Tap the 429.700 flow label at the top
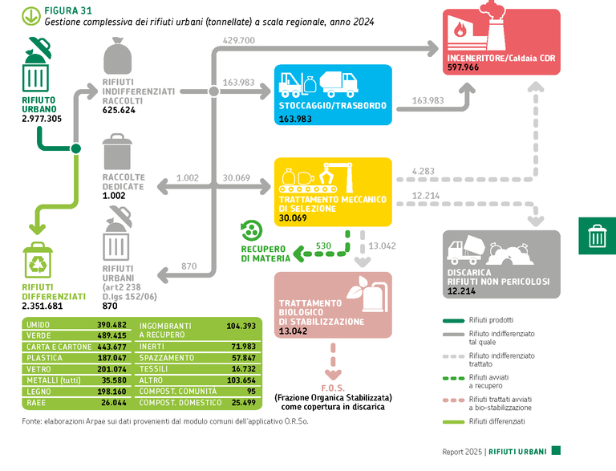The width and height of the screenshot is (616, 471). tap(238, 40)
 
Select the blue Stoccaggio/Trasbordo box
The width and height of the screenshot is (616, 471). tap(333, 95)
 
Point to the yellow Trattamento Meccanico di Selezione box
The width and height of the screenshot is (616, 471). tap(333, 191)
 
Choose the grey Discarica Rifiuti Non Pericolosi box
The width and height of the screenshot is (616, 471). tap(502, 265)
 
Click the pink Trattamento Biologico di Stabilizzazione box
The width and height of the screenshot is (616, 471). tap(333, 303)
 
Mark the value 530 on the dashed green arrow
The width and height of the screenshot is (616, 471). tap(323, 246)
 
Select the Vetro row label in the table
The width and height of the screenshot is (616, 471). tap(38, 368)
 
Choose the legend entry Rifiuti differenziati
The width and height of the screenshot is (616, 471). tap(497, 420)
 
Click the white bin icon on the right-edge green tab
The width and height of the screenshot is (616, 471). tap(598, 235)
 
